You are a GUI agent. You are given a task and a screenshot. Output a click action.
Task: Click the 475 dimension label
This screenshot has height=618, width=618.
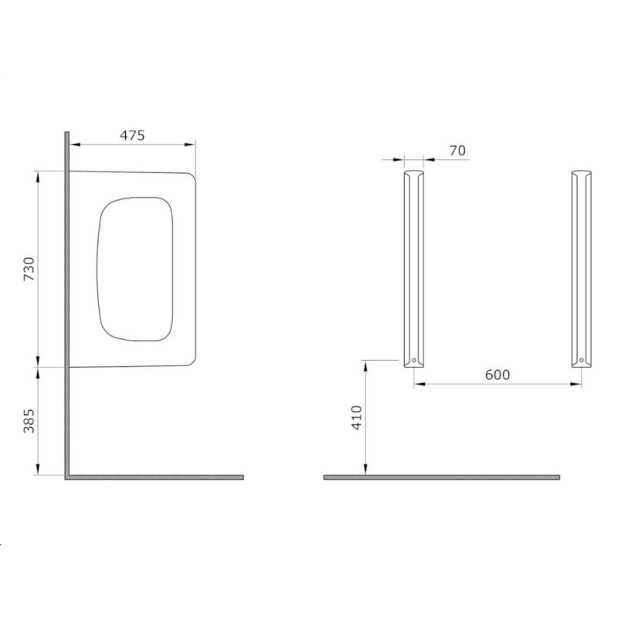click(x=132, y=135)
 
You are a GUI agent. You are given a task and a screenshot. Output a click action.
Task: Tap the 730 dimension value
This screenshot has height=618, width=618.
click(x=29, y=269)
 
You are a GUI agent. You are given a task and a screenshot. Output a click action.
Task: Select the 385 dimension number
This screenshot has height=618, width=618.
click(x=29, y=421)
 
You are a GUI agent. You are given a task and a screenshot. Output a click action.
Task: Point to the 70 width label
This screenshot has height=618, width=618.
click(x=457, y=151)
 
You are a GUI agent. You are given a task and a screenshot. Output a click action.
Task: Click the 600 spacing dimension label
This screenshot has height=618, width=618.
click(x=497, y=375)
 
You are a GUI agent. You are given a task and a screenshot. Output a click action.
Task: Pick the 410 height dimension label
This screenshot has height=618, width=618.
click(x=357, y=417)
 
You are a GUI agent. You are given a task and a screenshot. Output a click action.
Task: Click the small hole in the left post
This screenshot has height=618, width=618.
click(x=414, y=360)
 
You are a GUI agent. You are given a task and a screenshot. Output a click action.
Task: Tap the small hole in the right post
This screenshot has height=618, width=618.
click(x=582, y=360)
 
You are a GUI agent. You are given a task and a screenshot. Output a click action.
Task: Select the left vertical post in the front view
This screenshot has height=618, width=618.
click(x=414, y=269)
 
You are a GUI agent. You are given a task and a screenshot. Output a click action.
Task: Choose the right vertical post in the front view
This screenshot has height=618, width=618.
click(x=582, y=269)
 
